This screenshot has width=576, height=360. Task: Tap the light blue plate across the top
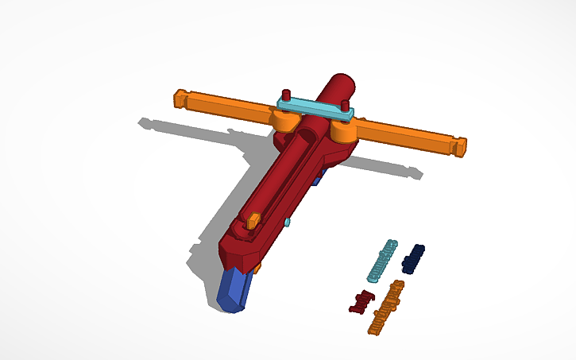coord(317,110)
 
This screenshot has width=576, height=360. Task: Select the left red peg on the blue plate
coord(286,95)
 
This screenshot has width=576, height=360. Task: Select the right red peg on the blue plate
coord(345,106)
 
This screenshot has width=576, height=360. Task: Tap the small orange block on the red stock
coord(253,220)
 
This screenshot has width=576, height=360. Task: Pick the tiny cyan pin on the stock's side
coord(287,223)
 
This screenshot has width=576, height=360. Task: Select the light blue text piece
coord(381,260)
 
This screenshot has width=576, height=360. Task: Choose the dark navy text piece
coord(414,257)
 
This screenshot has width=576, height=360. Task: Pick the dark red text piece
coord(362,302)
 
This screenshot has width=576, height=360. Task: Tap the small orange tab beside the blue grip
coord(257,269)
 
